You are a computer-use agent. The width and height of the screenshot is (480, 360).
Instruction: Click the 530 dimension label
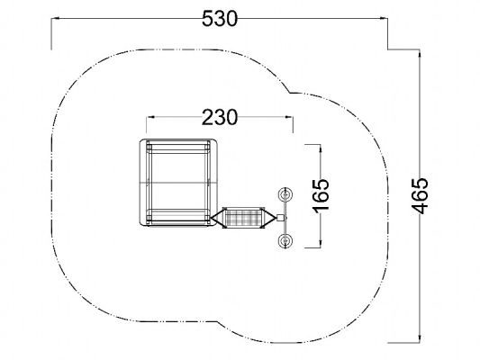coord(220,19)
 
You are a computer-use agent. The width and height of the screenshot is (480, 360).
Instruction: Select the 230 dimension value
coord(220,118)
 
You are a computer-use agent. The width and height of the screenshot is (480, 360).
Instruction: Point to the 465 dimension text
coord(420,195)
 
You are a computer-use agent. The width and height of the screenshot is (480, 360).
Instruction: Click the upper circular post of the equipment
coord(285,194)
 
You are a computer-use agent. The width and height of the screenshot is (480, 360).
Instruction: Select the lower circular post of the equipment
coord(285,240)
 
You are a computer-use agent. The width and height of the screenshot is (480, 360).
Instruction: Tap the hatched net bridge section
coord(244,218)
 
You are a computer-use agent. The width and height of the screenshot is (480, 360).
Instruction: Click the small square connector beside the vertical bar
coord(280,218)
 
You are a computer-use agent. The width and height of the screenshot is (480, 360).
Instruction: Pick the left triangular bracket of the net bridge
coord(218,218)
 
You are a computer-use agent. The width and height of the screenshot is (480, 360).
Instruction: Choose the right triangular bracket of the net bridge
coord(268,218)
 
